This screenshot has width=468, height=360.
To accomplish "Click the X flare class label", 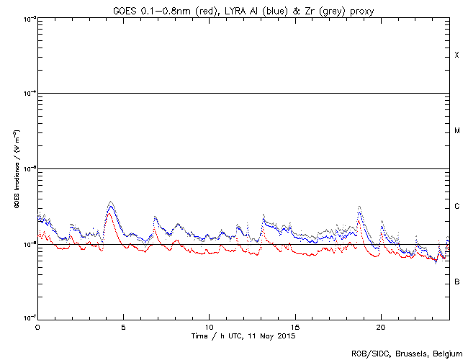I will click(456, 55).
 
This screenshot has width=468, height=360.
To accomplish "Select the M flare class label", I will click(456, 131).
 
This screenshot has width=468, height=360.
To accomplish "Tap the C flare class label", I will click(456, 207).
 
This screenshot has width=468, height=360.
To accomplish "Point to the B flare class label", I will click(456, 282).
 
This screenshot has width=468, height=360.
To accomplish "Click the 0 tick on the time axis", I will click(37, 326).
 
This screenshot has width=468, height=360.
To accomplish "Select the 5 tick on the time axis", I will click(123, 326).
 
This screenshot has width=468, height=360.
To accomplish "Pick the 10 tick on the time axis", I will click(209, 326).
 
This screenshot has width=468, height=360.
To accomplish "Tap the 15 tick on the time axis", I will click(294, 326).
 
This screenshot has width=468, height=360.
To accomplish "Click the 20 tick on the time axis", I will click(380, 326).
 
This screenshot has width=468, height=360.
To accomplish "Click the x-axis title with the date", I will click(243, 336).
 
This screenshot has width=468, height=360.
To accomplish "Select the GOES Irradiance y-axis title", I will click(16, 169).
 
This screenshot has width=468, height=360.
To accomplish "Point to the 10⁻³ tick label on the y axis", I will click(27, 18).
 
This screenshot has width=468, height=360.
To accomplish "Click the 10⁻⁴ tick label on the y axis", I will click(27, 94).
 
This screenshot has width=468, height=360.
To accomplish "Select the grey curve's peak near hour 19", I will click(359, 206).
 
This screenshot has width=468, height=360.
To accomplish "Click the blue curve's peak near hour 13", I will click(263, 215).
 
